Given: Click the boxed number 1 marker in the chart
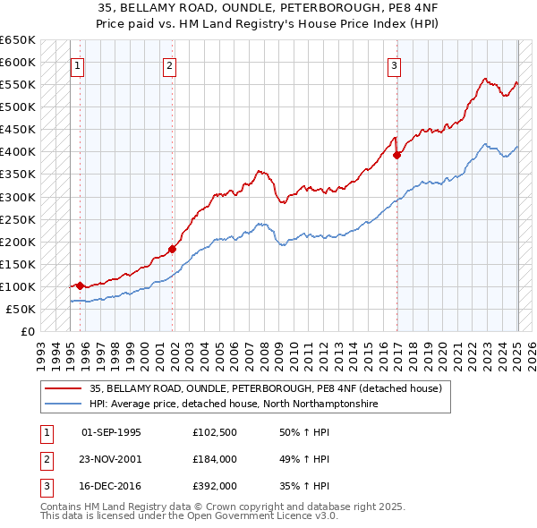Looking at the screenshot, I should pyautogui.click(x=77, y=64).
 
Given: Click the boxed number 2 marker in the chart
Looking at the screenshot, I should pyautogui.click(x=169, y=64).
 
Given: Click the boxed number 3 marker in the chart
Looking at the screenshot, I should pyautogui.click(x=394, y=64).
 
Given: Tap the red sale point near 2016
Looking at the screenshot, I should pyautogui.click(x=396, y=155).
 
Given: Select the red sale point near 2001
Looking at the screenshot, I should pyautogui.click(x=173, y=249).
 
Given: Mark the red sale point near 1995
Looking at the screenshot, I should pyautogui.click(x=80, y=285).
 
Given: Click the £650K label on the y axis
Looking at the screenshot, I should pyautogui.click(x=18, y=40).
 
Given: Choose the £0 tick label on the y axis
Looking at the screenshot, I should pyautogui.click(x=28, y=332).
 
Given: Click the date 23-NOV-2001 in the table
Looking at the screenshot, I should pyautogui.click(x=112, y=460).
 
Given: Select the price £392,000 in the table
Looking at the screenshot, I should pyautogui.click(x=215, y=487).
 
